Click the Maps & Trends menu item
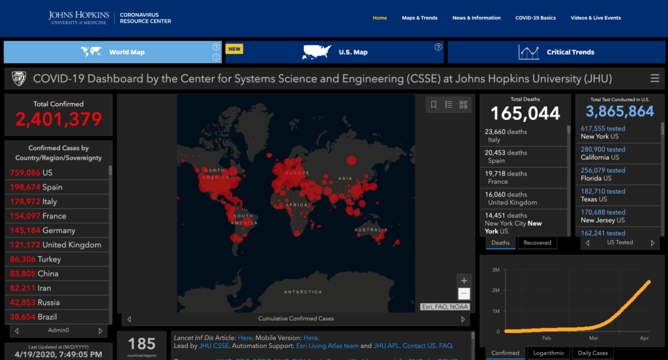pyautogui.click(x=419, y=18)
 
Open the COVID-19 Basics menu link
pyautogui.click(x=535, y=18)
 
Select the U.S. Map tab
pyautogui.click(x=336, y=52)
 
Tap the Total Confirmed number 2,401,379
pyautogui.click(x=59, y=119)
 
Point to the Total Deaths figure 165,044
pyautogui.click(x=525, y=113)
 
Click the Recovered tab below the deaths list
pyautogui.click(x=538, y=243)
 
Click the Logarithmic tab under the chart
pyautogui.click(x=548, y=353)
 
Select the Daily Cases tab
pyautogui.click(x=592, y=353)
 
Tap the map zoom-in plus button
pyautogui.click(x=464, y=280)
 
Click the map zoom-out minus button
pyautogui.click(x=464, y=294)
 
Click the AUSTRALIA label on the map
pyautogui.click(x=371, y=230)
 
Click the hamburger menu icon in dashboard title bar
pyautogui.click(x=654, y=79)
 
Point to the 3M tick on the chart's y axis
pyautogui.click(x=496, y=269)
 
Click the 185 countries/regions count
pyautogui.click(x=142, y=344)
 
